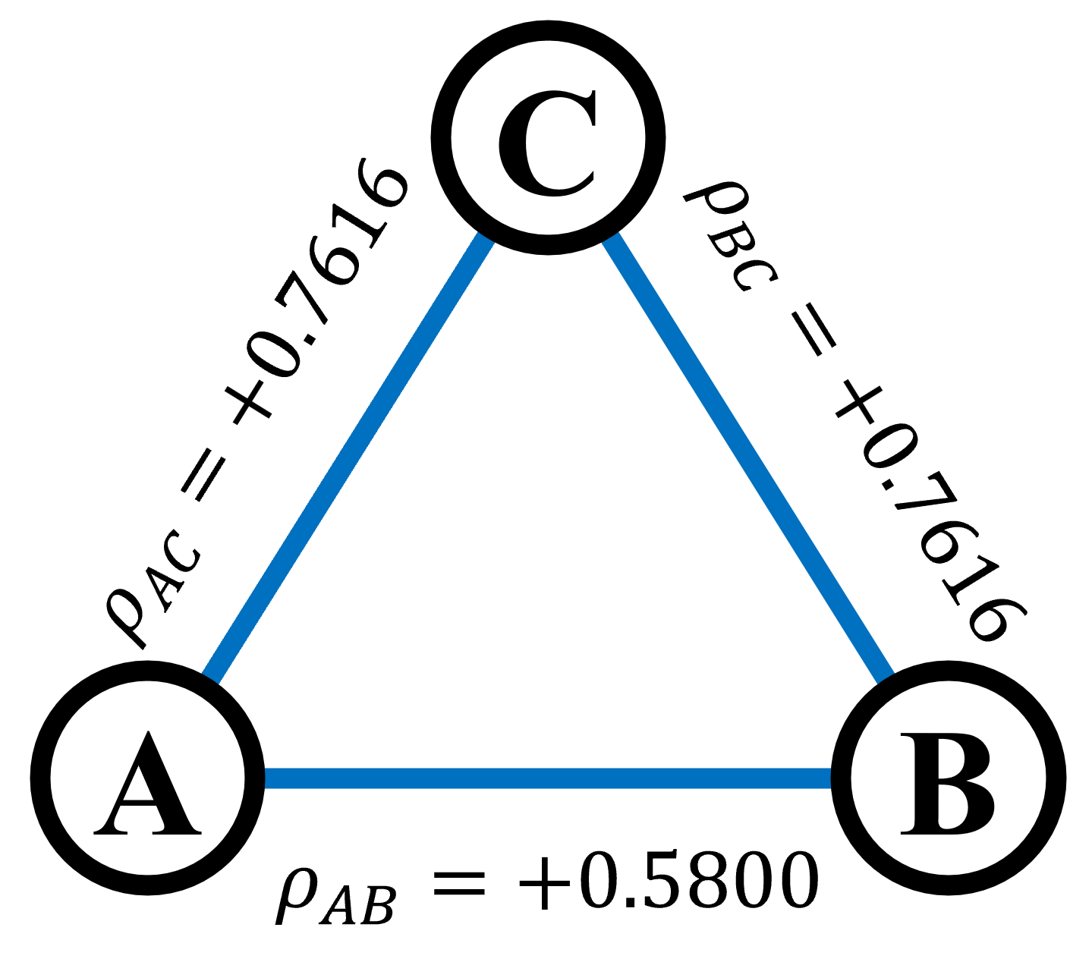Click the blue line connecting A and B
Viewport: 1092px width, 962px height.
[x=548, y=778]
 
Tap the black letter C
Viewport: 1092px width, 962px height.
[x=516, y=144]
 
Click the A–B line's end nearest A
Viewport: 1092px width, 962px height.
[x=268, y=778]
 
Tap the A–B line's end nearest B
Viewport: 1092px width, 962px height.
[x=828, y=778]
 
